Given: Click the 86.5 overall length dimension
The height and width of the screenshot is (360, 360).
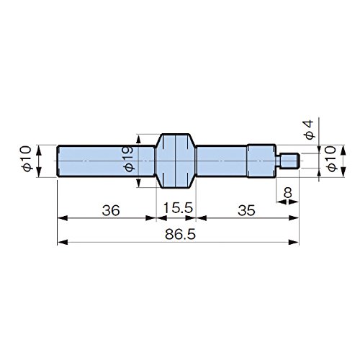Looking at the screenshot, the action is [x=180, y=235].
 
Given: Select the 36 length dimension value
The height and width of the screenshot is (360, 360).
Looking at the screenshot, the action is [x=111, y=210].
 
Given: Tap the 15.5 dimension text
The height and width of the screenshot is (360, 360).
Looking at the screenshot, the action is [x=178, y=208].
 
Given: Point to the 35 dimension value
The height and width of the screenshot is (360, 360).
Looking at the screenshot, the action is [x=246, y=210].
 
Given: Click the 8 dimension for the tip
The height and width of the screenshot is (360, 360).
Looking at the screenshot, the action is [x=287, y=192].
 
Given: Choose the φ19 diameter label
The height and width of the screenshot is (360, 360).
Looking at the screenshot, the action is [x=129, y=159].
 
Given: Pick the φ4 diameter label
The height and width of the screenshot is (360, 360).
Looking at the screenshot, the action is [x=309, y=130].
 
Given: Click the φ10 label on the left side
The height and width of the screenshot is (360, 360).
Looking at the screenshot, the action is [x=27, y=158].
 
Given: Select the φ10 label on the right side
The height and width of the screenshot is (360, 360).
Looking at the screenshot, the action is [x=332, y=159].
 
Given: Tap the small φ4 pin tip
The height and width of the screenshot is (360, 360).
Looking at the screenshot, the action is [x=287, y=161].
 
